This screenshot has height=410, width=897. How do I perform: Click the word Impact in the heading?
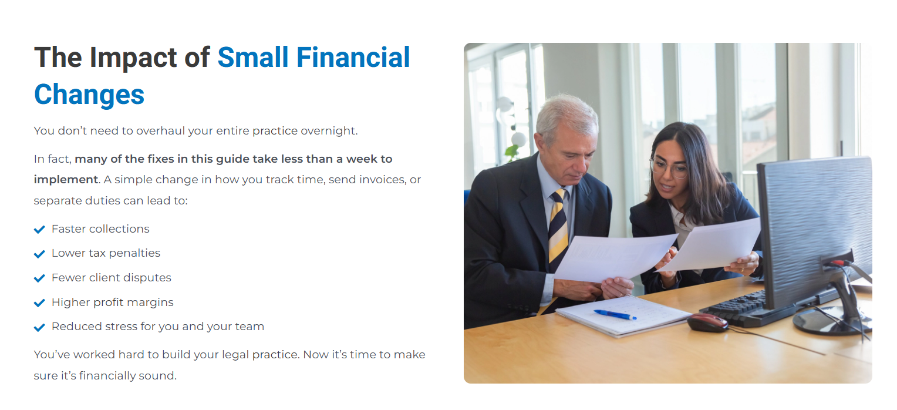click(x=133, y=58)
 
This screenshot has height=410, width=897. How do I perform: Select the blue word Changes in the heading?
click(x=89, y=95)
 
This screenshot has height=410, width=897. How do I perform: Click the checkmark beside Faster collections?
click(x=39, y=230)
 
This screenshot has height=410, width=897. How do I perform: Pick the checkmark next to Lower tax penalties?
click(x=39, y=254)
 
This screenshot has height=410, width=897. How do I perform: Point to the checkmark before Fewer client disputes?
click(x=39, y=278)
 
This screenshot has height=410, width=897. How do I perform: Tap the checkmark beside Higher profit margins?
click(x=39, y=303)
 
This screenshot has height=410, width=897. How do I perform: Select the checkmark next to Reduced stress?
click(x=39, y=327)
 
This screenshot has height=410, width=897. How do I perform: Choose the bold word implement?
click(x=66, y=180)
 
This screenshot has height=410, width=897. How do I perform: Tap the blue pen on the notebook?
click(x=615, y=315)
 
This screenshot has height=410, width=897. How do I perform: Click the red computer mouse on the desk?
click(x=707, y=322)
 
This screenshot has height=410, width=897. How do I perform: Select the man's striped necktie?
click(x=558, y=229)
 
